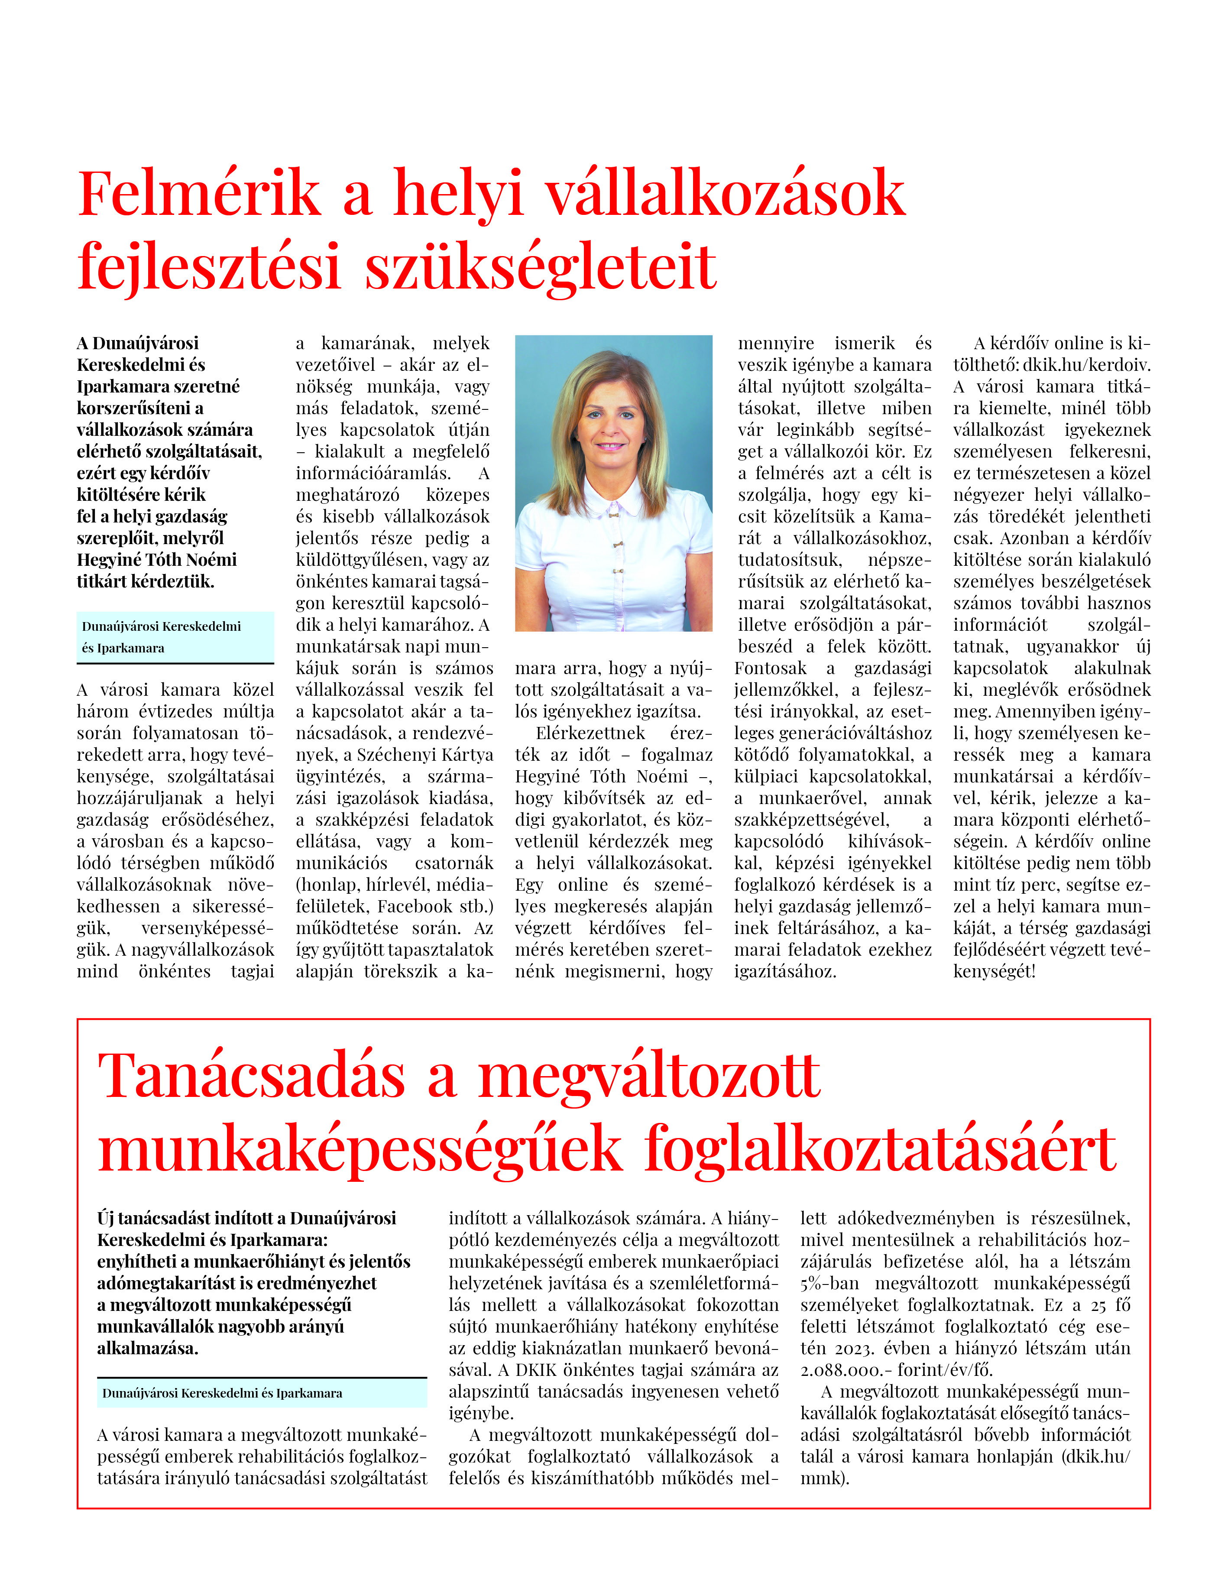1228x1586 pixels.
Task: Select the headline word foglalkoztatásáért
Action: (879, 1150)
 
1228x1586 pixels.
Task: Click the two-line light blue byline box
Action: (175, 637)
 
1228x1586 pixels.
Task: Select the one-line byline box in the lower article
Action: (262, 1393)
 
